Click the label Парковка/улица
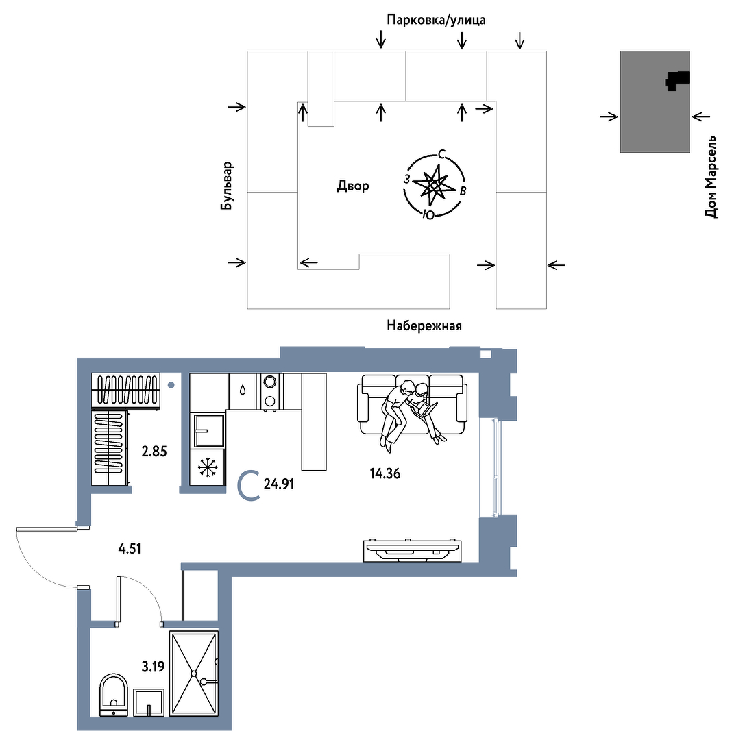(x=436, y=20)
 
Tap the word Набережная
(x=424, y=325)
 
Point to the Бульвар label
(x=227, y=186)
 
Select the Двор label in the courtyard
(x=353, y=186)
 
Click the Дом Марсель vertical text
(x=711, y=177)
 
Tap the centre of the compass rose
(x=435, y=186)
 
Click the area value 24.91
(x=278, y=484)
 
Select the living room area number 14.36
(x=385, y=473)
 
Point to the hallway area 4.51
(x=130, y=548)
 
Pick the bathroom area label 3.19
(x=153, y=667)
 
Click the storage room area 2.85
(x=154, y=452)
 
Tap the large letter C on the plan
(x=249, y=486)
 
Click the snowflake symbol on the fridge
(x=207, y=468)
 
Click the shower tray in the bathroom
(x=193, y=674)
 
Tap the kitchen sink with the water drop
(x=243, y=391)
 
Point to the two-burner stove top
(x=270, y=391)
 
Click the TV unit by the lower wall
(x=413, y=550)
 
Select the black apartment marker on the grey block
(x=677, y=81)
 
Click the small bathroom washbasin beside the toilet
(x=149, y=703)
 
